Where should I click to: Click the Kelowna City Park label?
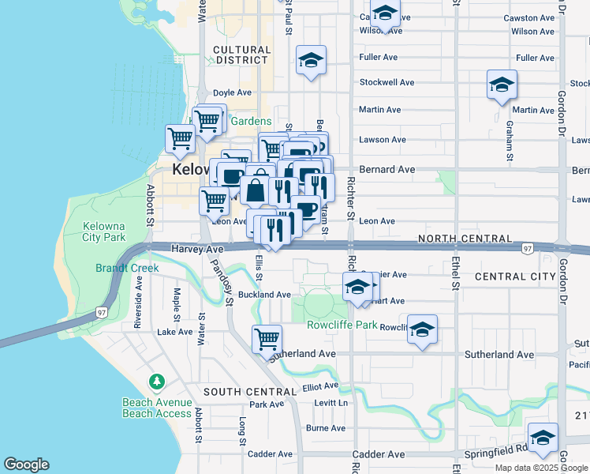pos(104,231)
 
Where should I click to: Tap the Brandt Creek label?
pos(127,268)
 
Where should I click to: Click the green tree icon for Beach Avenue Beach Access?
pos(157,382)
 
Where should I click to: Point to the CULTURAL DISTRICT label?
pos(242,55)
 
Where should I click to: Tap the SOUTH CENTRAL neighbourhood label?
pos(250,392)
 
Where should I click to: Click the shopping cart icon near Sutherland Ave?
pos(267,338)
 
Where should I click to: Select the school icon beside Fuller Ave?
pos(312,60)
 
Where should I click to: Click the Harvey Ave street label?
pos(197,249)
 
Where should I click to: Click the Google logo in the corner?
pos(26,465)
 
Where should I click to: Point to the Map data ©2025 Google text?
pos(540,468)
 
